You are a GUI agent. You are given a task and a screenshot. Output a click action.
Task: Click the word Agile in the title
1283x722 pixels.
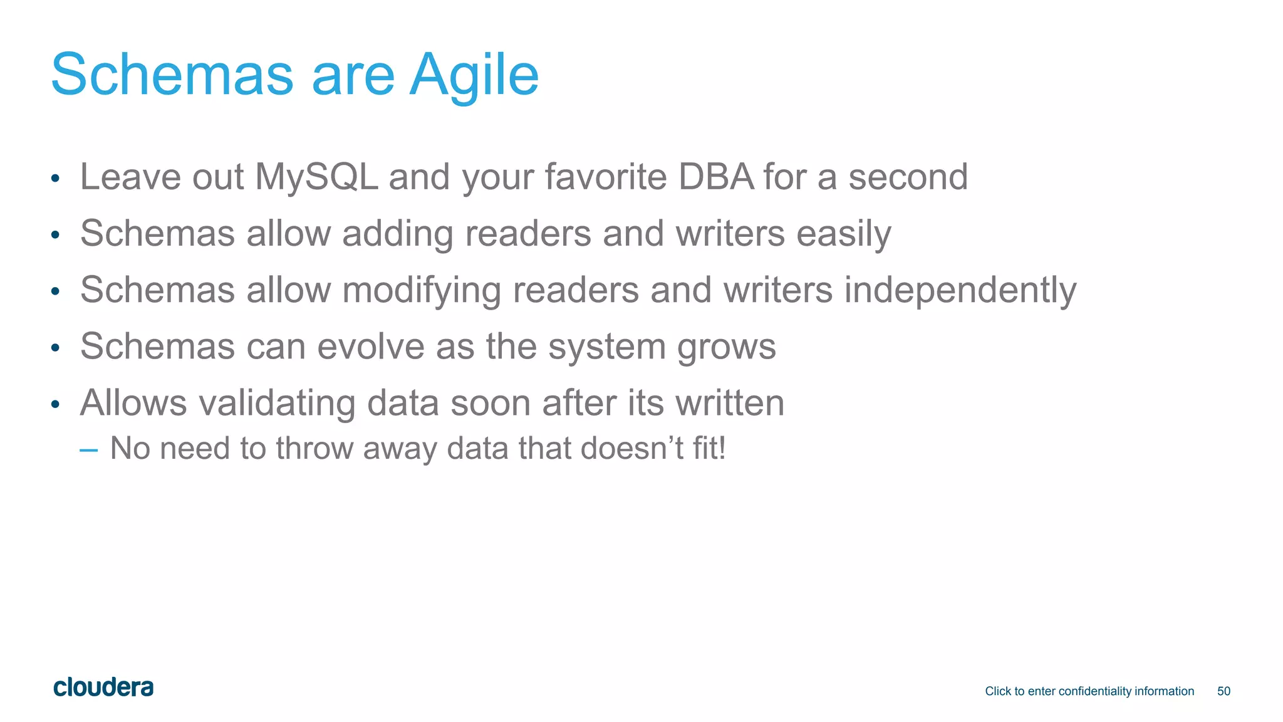tap(474, 75)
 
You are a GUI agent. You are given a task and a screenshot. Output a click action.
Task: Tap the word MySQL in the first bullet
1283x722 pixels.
tap(316, 177)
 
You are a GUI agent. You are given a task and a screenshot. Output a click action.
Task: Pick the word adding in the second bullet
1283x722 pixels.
tap(398, 234)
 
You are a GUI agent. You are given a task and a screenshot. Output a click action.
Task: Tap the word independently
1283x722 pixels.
tap(960, 291)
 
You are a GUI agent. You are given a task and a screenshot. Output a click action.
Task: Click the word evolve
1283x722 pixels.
tap(370, 347)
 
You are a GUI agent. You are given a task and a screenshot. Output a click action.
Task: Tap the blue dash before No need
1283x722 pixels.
tap(89, 449)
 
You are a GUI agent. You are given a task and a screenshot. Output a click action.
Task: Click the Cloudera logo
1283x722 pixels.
tap(103, 688)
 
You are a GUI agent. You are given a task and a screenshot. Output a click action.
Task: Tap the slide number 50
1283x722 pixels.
tap(1223, 691)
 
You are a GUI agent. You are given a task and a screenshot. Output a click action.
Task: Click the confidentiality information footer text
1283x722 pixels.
tap(1089, 691)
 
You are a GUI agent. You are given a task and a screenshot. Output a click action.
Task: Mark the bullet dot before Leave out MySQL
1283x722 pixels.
tap(55, 179)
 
